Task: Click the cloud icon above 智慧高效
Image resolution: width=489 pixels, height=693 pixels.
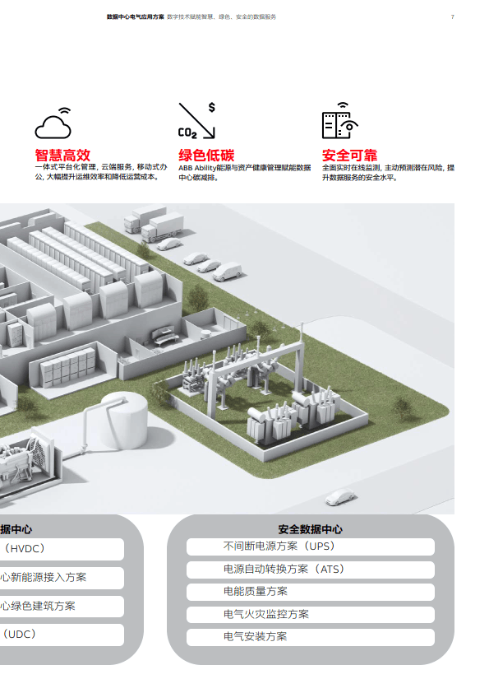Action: tap(53, 123)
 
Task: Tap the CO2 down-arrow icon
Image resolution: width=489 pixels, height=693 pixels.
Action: tap(197, 121)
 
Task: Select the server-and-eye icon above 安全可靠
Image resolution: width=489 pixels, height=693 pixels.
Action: tap(339, 120)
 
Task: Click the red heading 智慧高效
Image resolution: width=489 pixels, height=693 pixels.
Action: tap(62, 155)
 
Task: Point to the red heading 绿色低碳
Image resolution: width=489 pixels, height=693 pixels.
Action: tap(206, 155)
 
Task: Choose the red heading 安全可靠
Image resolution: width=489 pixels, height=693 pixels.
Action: tap(349, 155)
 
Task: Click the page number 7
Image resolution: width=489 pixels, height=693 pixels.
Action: tap(452, 16)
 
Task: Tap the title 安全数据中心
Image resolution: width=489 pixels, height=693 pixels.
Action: tap(311, 529)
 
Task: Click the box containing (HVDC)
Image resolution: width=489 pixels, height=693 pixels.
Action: tap(62, 549)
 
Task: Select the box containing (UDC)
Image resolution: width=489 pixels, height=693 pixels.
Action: tap(62, 635)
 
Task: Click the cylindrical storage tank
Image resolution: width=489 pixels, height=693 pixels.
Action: tap(124, 421)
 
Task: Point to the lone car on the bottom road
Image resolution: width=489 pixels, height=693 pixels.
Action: tap(339, 497)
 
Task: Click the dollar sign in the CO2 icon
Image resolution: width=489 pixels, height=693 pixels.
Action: tap(212, 107)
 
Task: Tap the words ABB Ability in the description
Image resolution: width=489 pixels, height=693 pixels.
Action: tap(197, 168)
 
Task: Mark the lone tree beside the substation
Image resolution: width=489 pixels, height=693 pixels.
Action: tap(403, 407)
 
